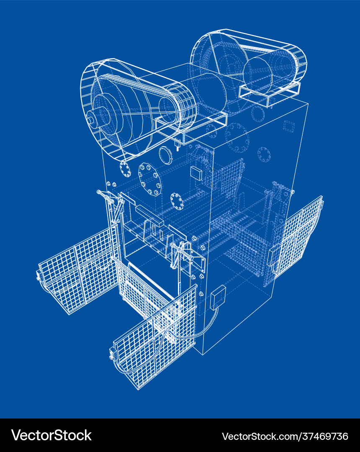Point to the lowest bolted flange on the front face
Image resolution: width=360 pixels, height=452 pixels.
[176, 201]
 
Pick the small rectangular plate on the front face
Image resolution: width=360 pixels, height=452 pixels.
[196, 173]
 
